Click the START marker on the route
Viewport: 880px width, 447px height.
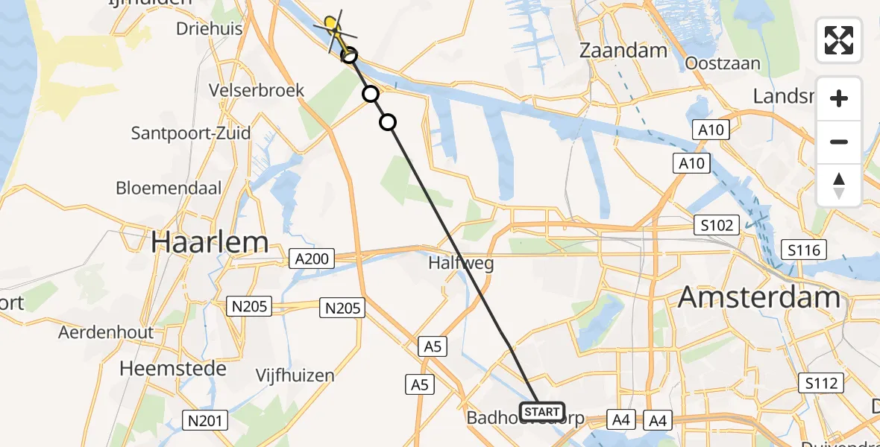coord(542,411)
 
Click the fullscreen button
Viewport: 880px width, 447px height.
coord(839,40)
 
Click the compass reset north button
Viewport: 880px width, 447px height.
coord(839,186)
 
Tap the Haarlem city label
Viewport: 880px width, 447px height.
coord(210,242)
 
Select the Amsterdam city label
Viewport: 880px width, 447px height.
coord(759,298)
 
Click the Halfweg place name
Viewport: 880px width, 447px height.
coord(461,263)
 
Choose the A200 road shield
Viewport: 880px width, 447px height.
coord(312,259)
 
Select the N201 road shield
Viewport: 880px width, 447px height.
coord(204,421)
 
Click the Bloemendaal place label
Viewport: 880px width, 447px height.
coord(169,188)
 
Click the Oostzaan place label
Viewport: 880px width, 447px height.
coord(723,63)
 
